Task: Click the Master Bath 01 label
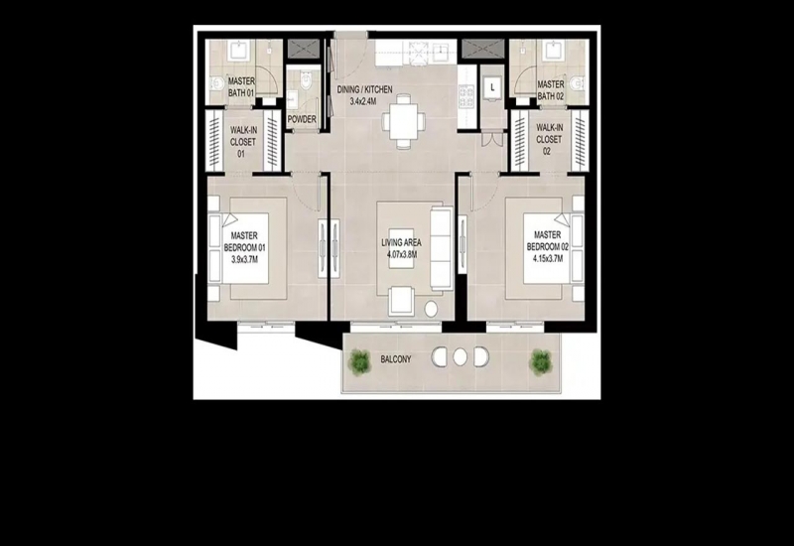(x=241, y=87)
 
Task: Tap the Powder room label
(x=302, y=119)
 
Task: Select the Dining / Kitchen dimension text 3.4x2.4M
(x=363, y=101)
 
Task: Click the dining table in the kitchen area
(x=404, y=121)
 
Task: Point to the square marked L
(x=492, y=87)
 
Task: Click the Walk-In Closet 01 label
(x=243, y=142)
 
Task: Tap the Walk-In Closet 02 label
(x=549, y=139)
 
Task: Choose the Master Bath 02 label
(x=551, y=90)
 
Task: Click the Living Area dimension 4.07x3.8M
(x=402, y=255)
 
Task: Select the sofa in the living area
(x=441, y=248)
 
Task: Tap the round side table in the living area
(x=431, y=309)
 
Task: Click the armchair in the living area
(x=402, y=301)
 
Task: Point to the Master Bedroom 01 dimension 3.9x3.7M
(x=244, y=260)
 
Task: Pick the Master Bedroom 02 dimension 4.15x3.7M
(x=548, y=259)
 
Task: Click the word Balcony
(x=396, y=359)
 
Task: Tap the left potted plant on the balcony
(x=359, y=360)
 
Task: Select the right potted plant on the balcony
(x=540, y=361)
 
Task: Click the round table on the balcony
(x=460, y=357)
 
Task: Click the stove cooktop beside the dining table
(x=465, y=95)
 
